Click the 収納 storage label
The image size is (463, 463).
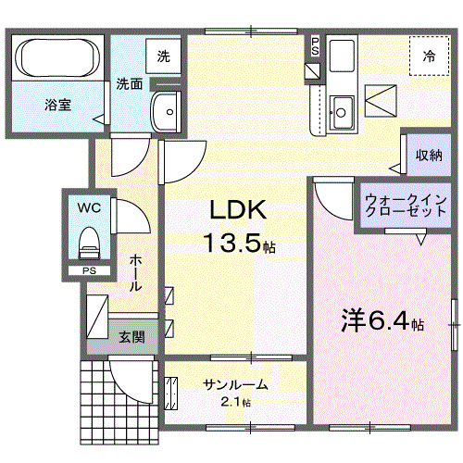pos(429,155)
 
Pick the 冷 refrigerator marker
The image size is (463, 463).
pos(429,56)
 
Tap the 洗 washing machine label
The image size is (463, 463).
pos(162,56)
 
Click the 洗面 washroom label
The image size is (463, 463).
pos(129,84)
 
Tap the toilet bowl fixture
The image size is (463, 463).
pos(89,244)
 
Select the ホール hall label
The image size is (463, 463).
pos(137,273)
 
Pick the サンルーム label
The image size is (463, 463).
pos(236,385)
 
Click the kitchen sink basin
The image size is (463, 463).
pos(341,112)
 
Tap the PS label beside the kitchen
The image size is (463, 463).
pos(315,45)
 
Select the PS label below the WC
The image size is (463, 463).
pos(89,270)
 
